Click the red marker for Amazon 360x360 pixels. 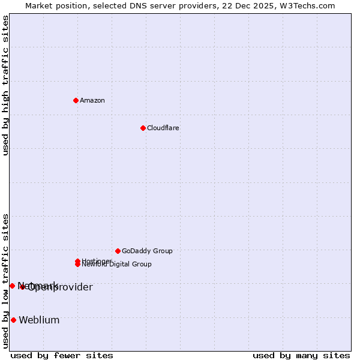[76, 100]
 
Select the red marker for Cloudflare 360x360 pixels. [143, 128]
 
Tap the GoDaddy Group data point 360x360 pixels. [118, 251]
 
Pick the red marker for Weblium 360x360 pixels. [13, 320]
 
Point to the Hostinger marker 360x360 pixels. [77, 261]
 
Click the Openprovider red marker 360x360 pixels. [23, 287]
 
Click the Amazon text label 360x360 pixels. [92, 100]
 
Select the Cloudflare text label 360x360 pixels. [163, 128]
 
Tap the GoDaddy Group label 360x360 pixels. [147, 251]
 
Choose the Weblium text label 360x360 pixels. [39, 320]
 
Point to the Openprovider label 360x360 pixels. [60, 287]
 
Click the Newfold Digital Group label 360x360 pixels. [117, 265]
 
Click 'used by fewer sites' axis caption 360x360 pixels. [62, 355]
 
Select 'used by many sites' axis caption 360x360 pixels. [301, 355]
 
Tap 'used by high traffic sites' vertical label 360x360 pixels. [5, 85]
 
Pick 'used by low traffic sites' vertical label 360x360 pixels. [5, 281]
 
